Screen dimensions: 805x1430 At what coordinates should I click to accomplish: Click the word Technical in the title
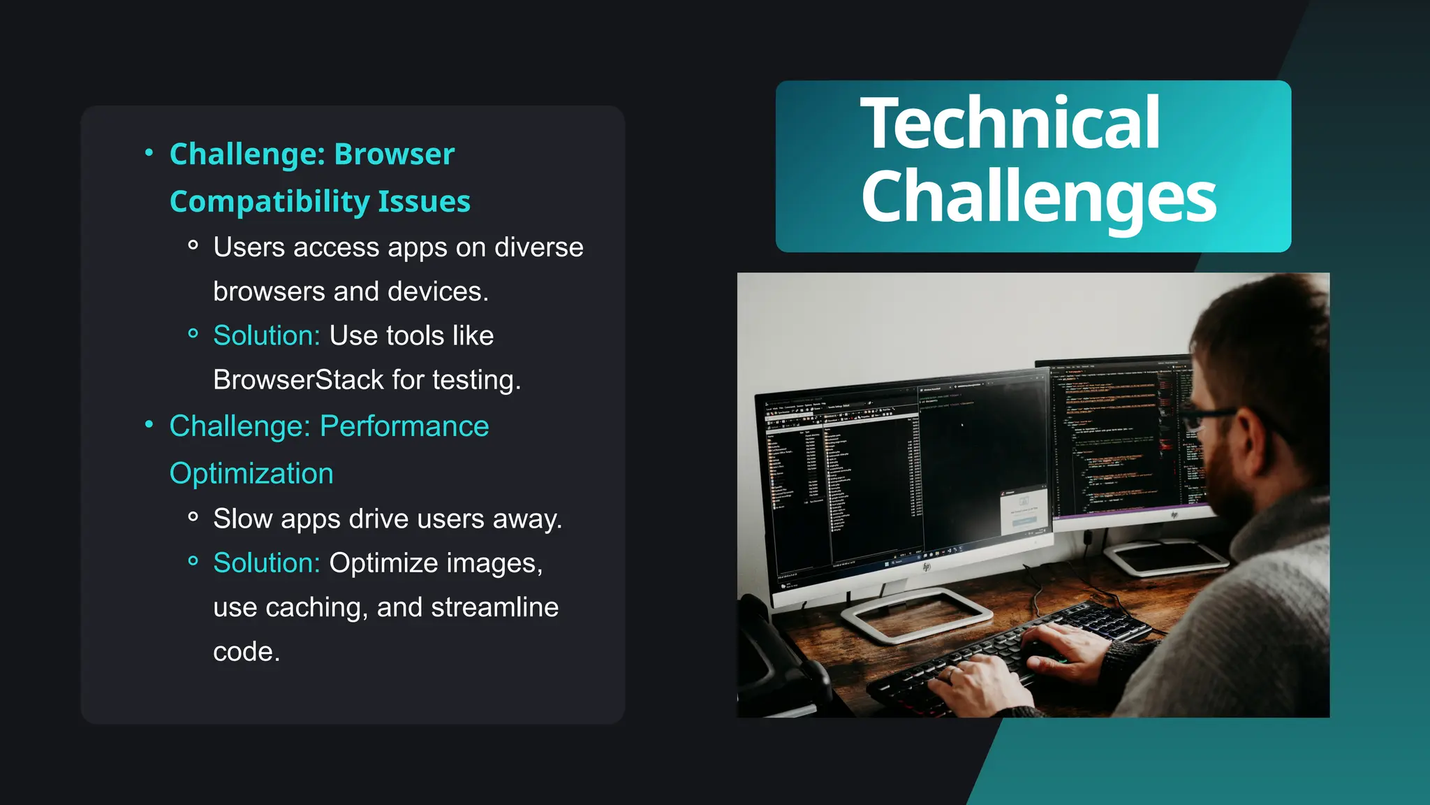click(x=1010, y=124)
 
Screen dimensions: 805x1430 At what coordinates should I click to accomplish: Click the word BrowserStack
click(x=298, y=380)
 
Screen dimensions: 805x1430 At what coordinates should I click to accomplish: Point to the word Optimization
click(x=251, y=474)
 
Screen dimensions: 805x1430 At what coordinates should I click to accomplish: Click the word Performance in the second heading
click(x=404, y=426)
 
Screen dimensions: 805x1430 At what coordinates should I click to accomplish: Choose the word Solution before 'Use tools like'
click(x=266, y=336)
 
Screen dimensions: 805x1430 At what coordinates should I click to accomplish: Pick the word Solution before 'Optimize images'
click(x=266, y=563)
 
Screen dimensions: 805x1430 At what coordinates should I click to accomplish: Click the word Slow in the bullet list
click(x=242, y=519)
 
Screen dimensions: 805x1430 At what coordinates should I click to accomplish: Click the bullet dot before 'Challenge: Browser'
click(x=149, y=152)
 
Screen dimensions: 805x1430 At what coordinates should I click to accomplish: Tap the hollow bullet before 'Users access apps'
click(x=193, y=245)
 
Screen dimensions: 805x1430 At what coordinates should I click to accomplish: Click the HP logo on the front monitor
click(x=927, y=566)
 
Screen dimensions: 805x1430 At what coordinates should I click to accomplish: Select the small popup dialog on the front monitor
click(x=1024, y=512)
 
